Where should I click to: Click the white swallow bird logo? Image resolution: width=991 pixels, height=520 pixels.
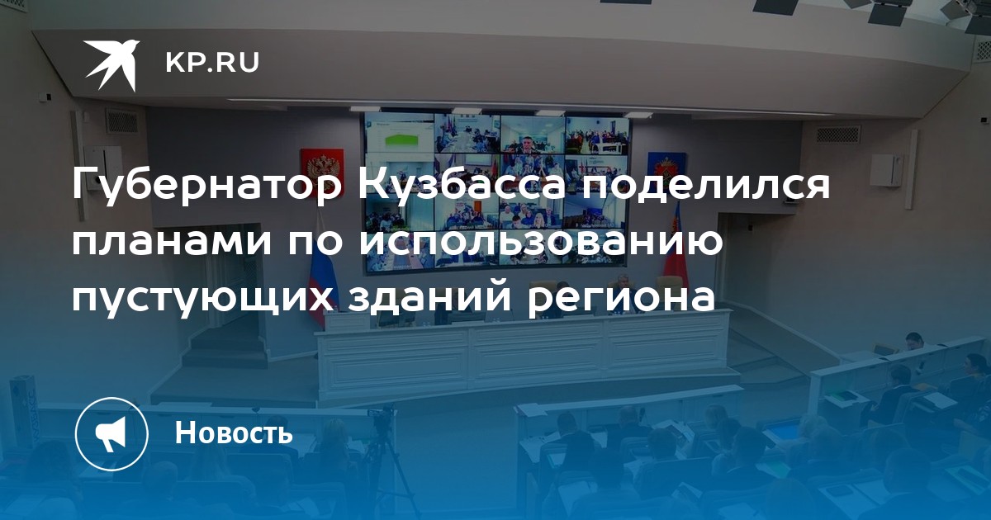(x=112, y=64)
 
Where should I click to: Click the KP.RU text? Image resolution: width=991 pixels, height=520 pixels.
(x=212, y=63)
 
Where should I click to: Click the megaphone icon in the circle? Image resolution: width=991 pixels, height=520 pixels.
(x=111, y=433)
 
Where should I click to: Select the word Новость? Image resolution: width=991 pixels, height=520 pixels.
(x=234, y=433)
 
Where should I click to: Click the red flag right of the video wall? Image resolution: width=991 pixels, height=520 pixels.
(x=672, y=248)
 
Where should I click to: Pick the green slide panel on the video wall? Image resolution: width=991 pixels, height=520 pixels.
(x=401, y=141)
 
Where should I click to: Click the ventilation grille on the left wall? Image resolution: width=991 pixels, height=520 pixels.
(x=121, y=121)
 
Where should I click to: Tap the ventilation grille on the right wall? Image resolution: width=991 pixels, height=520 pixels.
(x=838, y=134)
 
